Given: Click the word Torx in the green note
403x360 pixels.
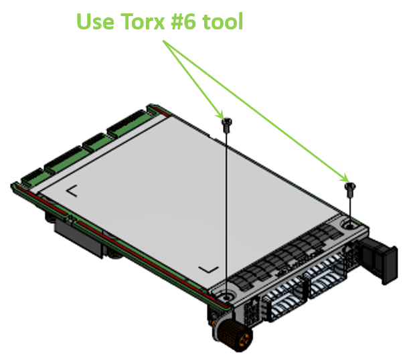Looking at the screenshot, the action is [143, 21].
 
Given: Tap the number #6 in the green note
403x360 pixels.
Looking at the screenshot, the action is [183, 21].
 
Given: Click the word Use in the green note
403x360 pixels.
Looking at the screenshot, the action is [95, 21].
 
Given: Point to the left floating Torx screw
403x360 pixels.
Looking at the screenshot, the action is [227, 125].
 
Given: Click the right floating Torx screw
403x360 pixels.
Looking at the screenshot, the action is [350, 189].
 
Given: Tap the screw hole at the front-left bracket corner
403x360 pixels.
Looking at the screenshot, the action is [227, 297].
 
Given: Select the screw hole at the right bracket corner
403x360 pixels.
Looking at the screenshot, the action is [349, 226].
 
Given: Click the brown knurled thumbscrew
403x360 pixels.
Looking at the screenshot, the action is [234, 335].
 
